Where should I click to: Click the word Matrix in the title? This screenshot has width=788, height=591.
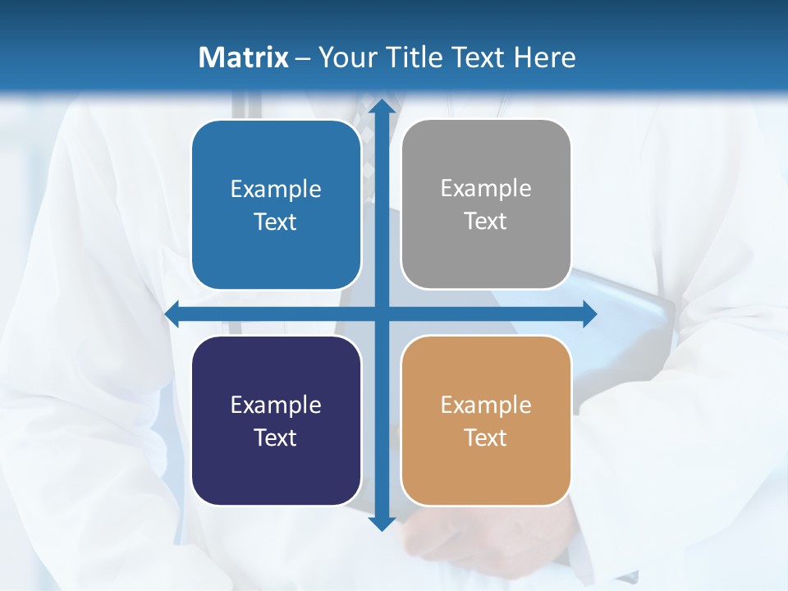point(243,57)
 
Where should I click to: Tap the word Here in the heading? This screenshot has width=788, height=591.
point(545,57)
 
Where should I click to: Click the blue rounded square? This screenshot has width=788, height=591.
point(276,204)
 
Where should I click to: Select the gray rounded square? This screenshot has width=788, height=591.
point(486,204)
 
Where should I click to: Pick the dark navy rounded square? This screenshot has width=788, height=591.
point(276,420)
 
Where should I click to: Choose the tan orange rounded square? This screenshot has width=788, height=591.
point(486,420)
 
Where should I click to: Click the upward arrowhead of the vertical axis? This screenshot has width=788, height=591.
point(381,107)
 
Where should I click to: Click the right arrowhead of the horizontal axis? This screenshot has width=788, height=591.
point(589,314)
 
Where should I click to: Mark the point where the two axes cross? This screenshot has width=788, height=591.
point(381,314)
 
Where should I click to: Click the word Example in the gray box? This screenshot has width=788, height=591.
point(486,188)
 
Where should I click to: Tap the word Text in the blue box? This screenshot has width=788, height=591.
point(275,222)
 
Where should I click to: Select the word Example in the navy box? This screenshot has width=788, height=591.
point(275,405)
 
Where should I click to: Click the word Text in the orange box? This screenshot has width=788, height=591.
point(486,438)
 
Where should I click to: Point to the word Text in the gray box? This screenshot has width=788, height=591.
point(486,221)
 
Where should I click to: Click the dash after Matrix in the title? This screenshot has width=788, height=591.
point(303,58)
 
